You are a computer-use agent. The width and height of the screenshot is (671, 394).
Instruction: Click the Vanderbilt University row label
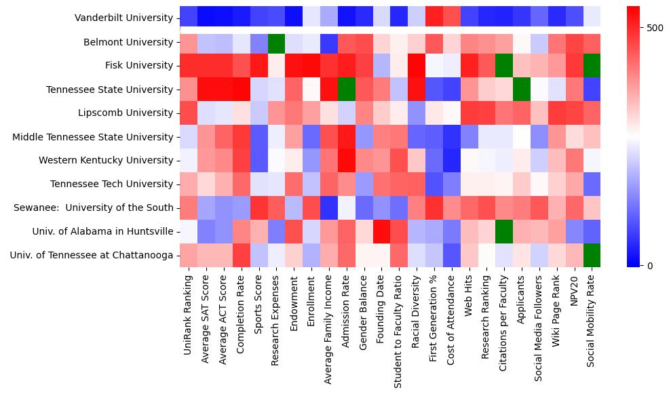124,18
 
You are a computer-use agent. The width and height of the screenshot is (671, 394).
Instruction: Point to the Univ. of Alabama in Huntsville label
102,232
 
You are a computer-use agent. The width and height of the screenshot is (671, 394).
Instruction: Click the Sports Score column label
258,305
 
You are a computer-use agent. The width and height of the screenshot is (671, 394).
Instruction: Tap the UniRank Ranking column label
188,311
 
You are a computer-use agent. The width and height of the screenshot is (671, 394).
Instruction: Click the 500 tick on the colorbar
638,28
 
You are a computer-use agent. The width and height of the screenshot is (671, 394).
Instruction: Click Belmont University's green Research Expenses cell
276,42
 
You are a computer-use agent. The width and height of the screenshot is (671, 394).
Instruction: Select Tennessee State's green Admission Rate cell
346,90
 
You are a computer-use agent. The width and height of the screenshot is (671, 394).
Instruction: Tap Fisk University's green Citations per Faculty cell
503,66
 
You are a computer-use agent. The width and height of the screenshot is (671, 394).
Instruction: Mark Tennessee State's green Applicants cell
521,90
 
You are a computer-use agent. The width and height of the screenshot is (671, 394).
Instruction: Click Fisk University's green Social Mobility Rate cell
592,66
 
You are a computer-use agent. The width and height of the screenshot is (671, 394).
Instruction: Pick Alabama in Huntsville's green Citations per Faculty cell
503,232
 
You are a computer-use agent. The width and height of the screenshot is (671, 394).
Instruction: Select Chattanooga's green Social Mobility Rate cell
592,256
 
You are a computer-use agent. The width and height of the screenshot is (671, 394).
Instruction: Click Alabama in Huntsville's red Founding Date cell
381,232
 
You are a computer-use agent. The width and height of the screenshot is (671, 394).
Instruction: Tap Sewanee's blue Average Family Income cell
328,208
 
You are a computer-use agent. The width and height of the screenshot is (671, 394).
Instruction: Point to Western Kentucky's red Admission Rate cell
346,161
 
